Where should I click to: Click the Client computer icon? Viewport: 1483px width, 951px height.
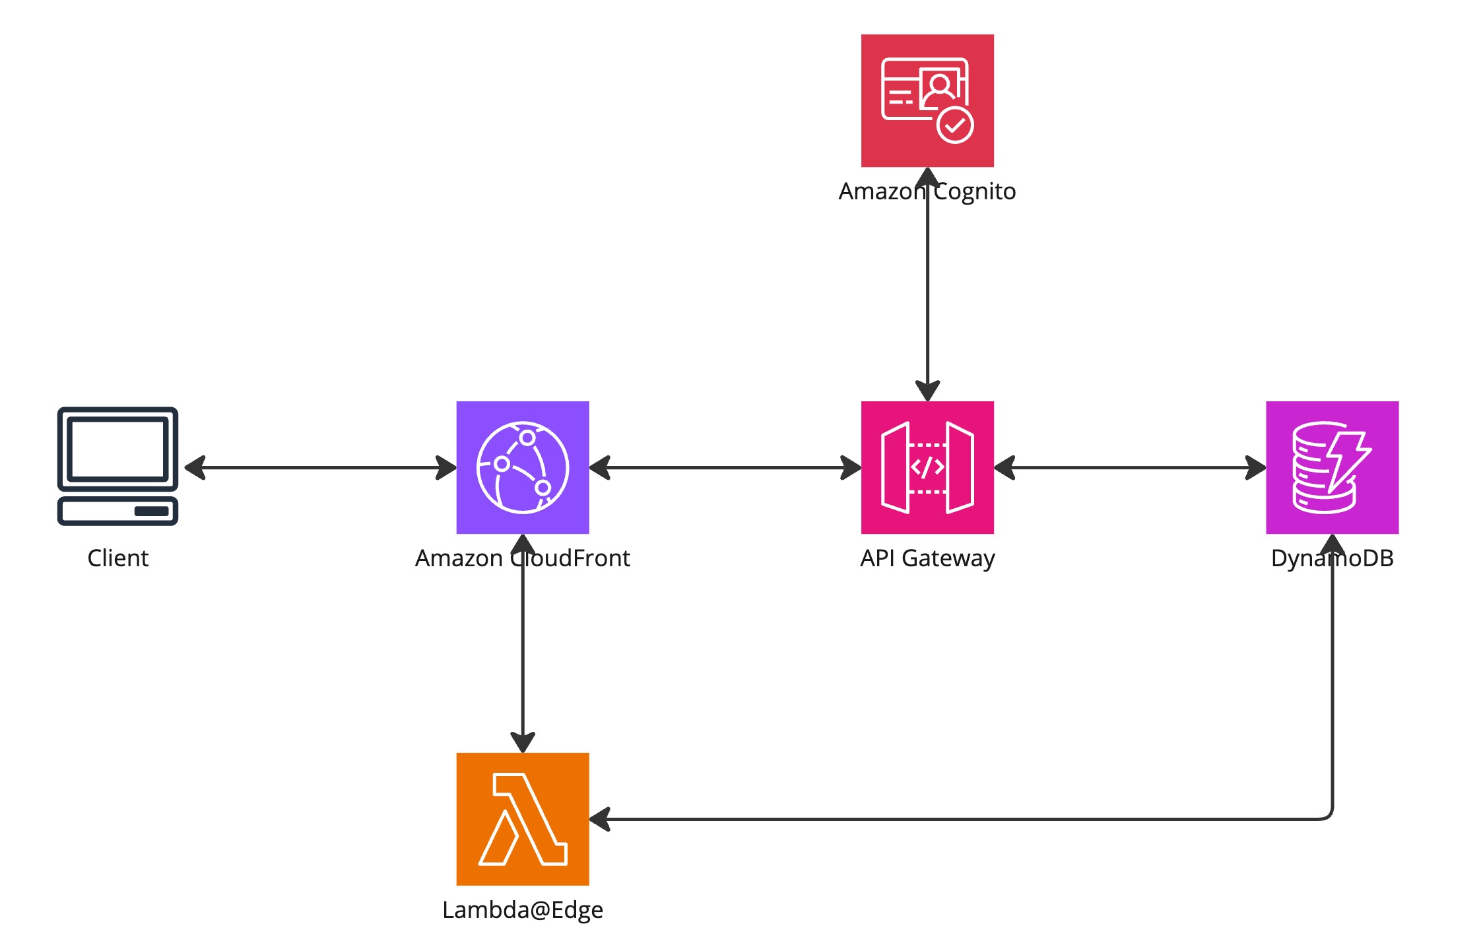117,466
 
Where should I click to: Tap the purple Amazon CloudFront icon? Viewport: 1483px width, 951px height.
523,467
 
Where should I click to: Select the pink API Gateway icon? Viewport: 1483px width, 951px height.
927,467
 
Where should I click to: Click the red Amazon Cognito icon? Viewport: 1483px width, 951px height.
927,100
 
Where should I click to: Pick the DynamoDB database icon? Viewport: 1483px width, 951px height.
1332,467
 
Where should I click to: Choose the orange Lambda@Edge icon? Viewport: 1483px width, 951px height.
523,819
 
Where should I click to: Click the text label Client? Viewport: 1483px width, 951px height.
118,558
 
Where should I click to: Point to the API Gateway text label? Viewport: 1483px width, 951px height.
927,559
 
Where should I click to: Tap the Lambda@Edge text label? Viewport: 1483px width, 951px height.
523,911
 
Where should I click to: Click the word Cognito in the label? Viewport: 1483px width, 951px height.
975,192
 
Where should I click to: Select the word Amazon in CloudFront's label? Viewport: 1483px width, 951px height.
459,558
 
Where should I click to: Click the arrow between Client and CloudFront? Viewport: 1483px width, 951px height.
320,467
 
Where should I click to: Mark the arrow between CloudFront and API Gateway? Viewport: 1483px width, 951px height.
725,467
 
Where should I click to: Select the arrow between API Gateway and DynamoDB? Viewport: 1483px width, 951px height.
1130,467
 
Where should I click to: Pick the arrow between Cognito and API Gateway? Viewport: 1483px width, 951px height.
927,284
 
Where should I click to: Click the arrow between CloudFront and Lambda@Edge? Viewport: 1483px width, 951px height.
523,643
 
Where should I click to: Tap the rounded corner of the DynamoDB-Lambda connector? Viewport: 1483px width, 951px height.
1327,814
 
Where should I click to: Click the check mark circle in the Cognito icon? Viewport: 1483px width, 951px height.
955,125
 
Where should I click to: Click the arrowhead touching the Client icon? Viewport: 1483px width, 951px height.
195,467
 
